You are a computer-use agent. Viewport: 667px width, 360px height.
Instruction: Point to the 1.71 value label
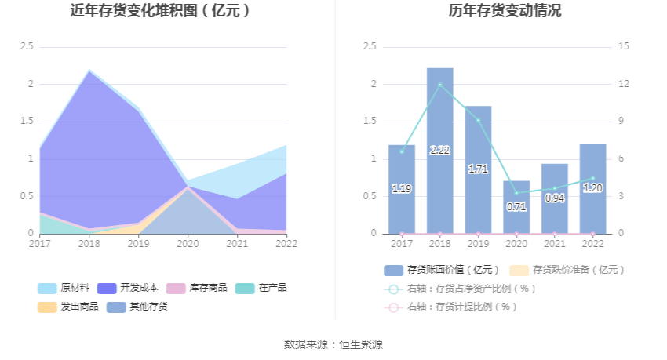click(x=478, y=169)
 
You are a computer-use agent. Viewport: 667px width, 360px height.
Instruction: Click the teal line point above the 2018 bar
click(x=439, y=85)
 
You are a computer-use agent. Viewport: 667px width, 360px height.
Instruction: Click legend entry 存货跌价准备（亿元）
click(x=568, y=270)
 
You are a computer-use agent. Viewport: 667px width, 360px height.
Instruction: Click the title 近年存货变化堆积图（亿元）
click(x=160, y=11)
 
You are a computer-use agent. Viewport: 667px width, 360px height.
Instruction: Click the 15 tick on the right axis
click(x=624, y=47)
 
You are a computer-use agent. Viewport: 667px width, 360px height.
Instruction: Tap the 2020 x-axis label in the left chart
click(x=188, y=243)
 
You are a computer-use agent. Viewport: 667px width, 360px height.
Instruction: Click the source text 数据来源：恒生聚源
click(x=333, y=344)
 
